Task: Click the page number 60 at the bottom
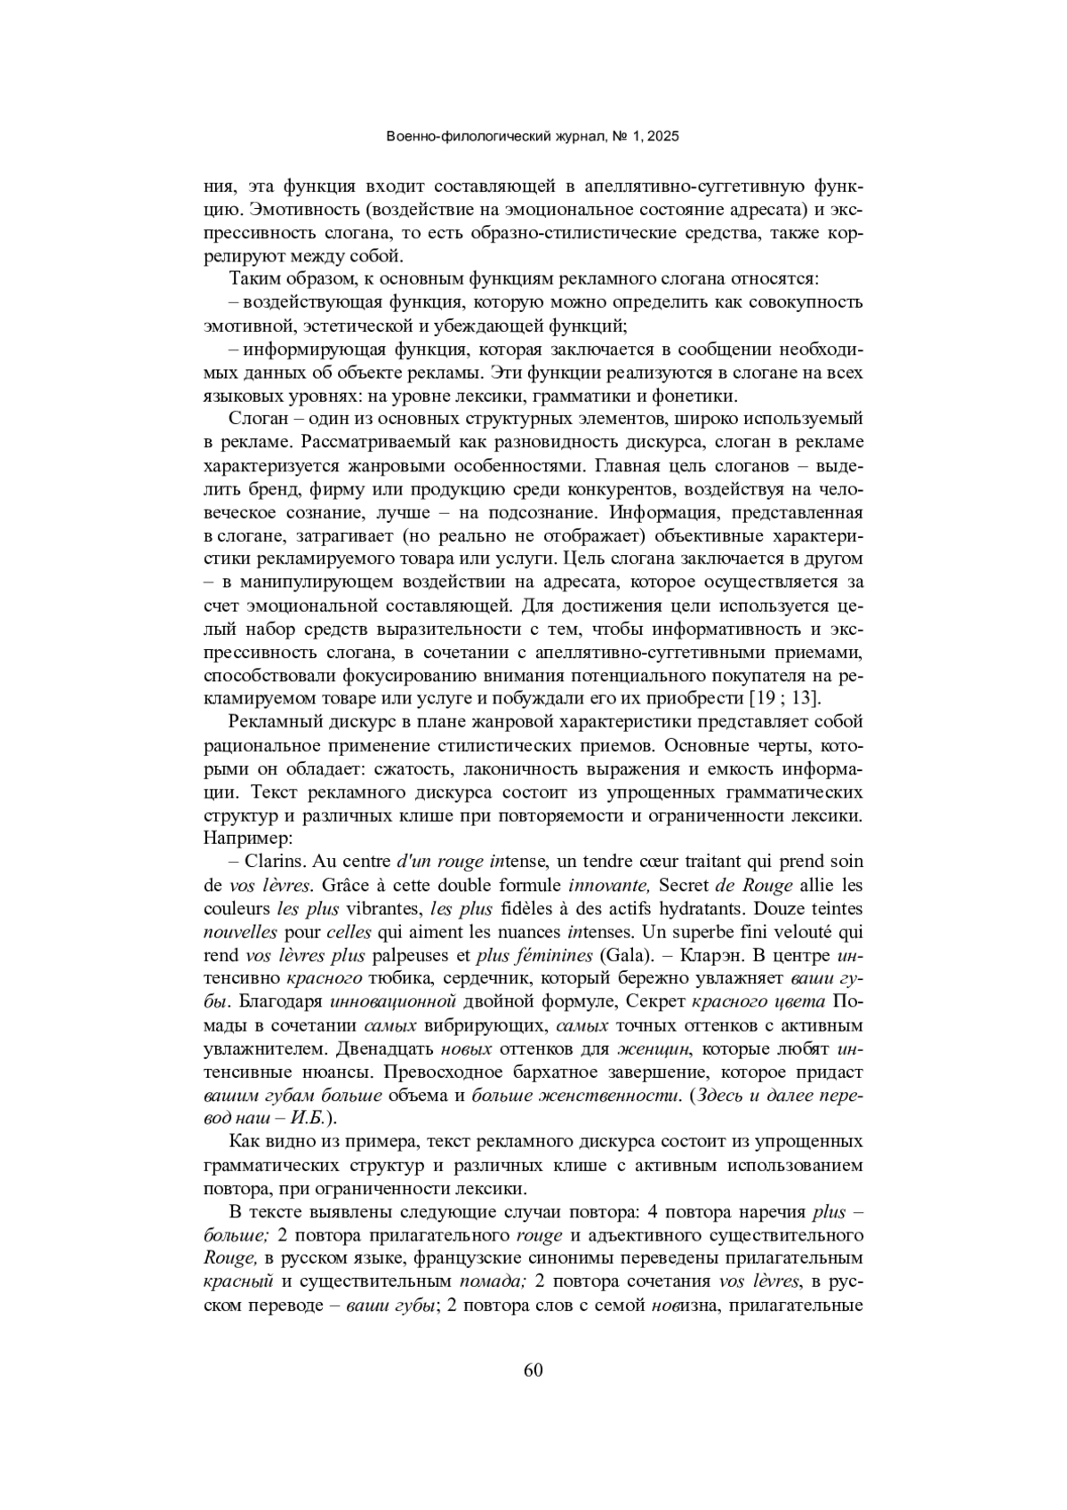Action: (533, 1369)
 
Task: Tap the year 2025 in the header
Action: (662, 137)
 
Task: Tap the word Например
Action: (240, 838)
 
